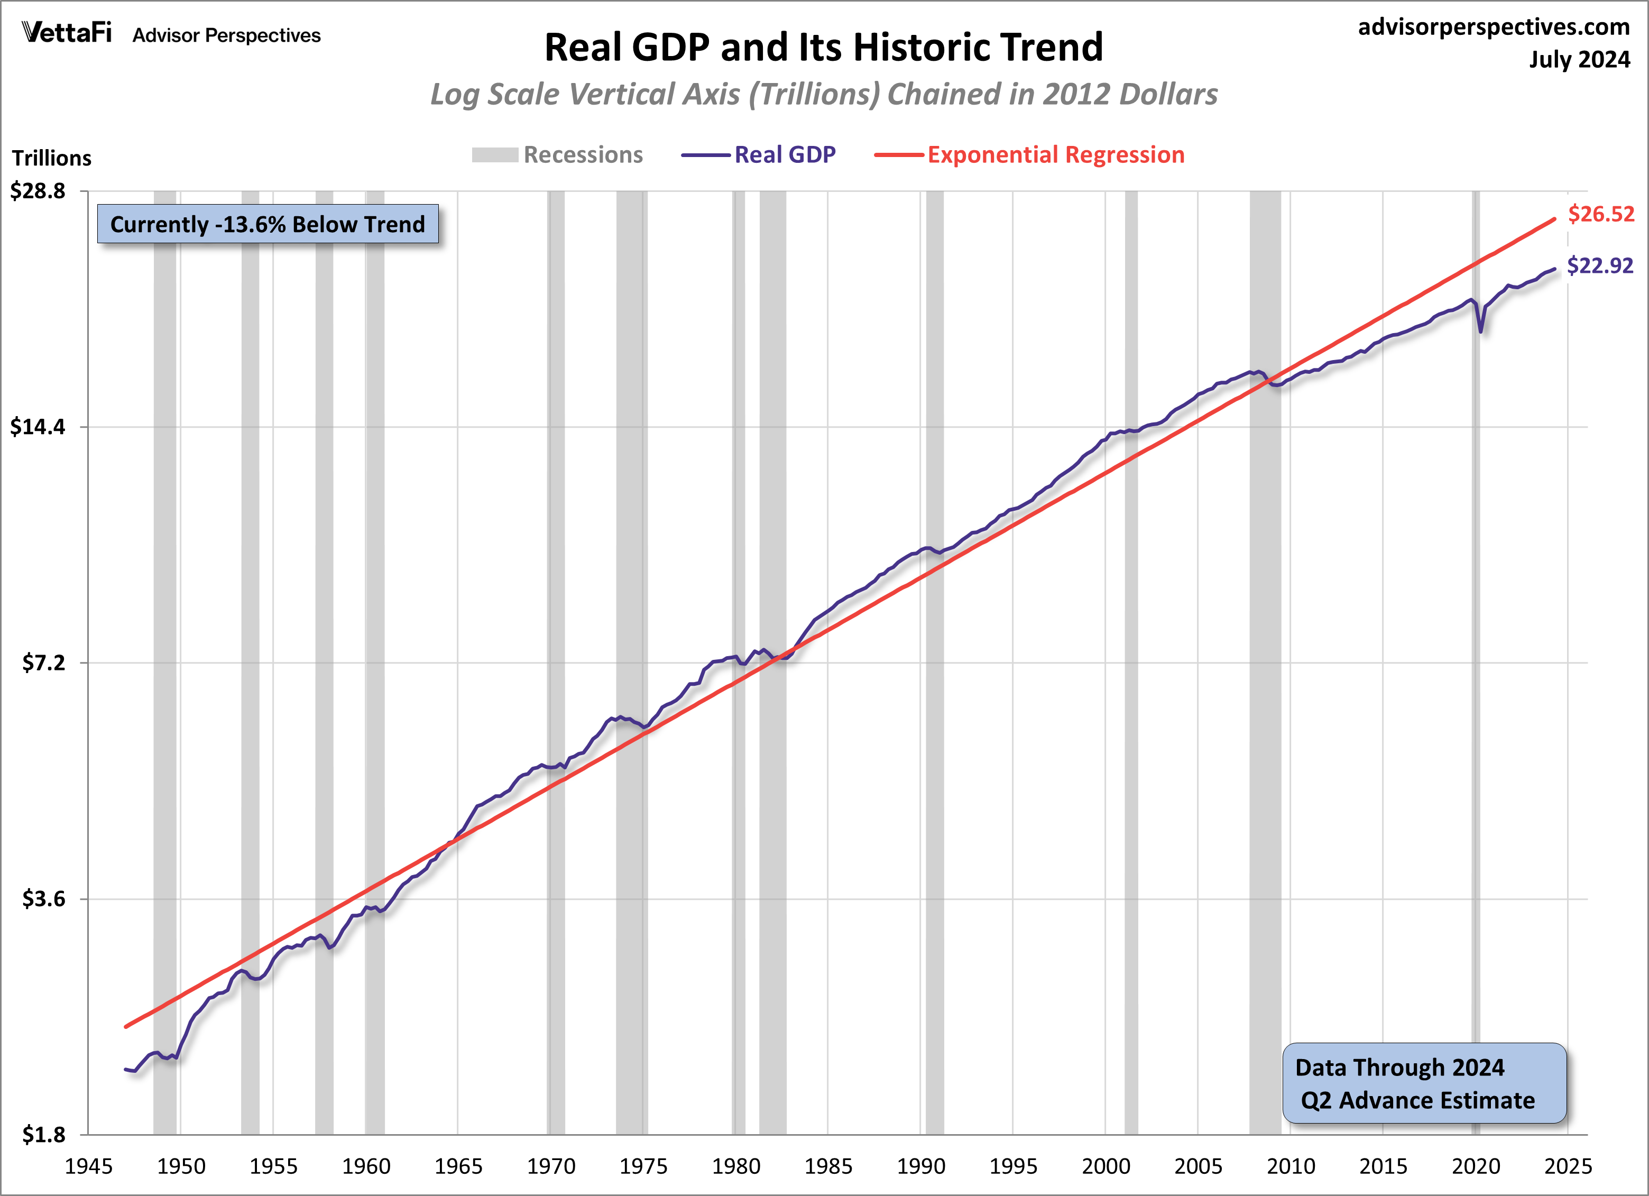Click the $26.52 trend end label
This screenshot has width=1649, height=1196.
point(1600,214)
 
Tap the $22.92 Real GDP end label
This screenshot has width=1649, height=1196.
point(1599,265)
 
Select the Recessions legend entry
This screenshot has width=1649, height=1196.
point(558,155)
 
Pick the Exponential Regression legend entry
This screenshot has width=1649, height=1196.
point(1029,155)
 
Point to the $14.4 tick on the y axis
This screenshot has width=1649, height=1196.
point(38,427)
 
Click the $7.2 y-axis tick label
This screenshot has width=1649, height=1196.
point(44,663)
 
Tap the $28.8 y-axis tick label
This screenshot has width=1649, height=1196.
point(38,190)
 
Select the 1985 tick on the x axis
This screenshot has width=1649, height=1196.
point(828,1166)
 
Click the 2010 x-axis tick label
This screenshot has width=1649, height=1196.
point(1291,1166)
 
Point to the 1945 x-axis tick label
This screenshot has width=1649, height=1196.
point(89,1166)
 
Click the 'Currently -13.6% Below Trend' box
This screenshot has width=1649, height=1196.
point(268,224)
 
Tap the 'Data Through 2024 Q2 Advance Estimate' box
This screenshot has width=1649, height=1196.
point(1424,1083)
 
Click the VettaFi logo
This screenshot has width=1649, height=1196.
point(67,33)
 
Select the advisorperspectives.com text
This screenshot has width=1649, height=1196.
point(1494,27)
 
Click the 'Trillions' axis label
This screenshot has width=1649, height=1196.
point(52,158)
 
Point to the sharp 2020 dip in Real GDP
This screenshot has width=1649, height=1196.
point(1481,331)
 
